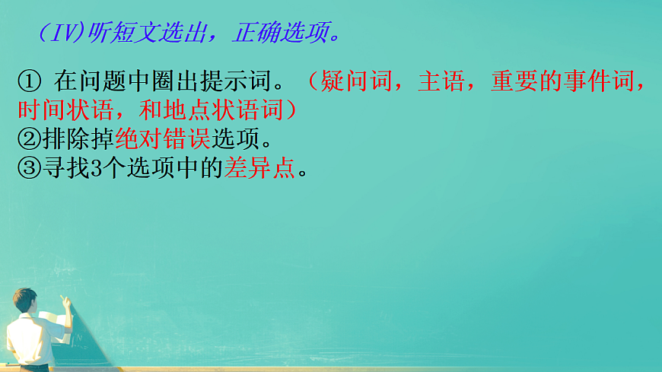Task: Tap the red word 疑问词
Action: (357, 80)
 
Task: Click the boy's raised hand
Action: (64, 300)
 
